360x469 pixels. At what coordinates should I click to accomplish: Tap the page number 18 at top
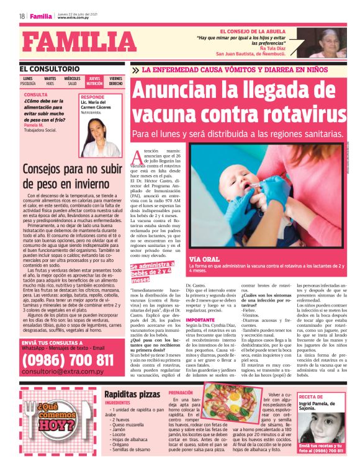coord(22,16)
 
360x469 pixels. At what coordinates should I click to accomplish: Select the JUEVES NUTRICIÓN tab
coord(94,81)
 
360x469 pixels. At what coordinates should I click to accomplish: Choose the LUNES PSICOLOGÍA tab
coord(28,81)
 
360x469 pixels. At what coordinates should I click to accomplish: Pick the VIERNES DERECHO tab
coord(116,81)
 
